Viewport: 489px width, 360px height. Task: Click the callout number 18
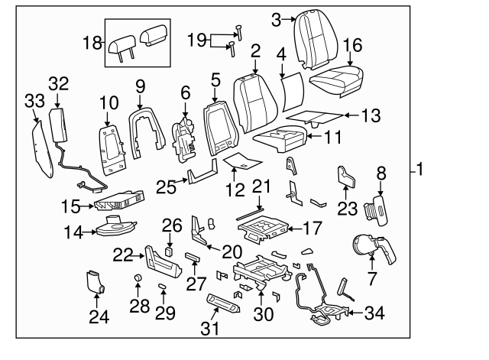[92, 43]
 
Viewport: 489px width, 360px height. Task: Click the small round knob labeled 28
[138, 277]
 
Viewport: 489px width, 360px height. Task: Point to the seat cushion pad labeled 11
[280, 139]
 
